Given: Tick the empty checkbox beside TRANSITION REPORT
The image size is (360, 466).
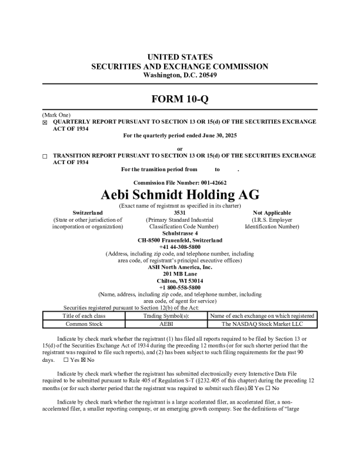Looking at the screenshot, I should point(45,157).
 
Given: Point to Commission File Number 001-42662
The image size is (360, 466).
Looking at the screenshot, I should point(180,183).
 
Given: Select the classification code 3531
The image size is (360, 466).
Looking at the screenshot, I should point(180,212).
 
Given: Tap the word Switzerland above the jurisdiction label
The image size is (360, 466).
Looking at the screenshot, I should point(87,212).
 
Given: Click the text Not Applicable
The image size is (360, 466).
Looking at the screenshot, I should point(272,212).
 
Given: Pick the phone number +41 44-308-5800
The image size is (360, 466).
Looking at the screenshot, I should point(180,247).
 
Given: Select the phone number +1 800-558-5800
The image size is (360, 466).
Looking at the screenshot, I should point(180,287).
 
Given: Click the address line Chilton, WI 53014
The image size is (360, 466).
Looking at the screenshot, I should point(180,281).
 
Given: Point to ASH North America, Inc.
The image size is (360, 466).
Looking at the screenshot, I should point(180,267).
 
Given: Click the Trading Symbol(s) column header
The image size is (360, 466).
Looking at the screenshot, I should point(166,316).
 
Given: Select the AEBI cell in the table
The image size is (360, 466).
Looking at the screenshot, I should point(166,324).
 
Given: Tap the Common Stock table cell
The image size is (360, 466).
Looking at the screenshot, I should point(84,324).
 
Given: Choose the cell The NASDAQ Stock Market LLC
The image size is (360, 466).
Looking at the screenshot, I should point(262,324).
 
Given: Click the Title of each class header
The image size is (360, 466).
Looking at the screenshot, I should point(84,316).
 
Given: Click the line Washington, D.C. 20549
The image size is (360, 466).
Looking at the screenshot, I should point(180,75).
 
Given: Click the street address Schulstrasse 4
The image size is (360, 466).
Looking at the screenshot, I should point(180,234).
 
